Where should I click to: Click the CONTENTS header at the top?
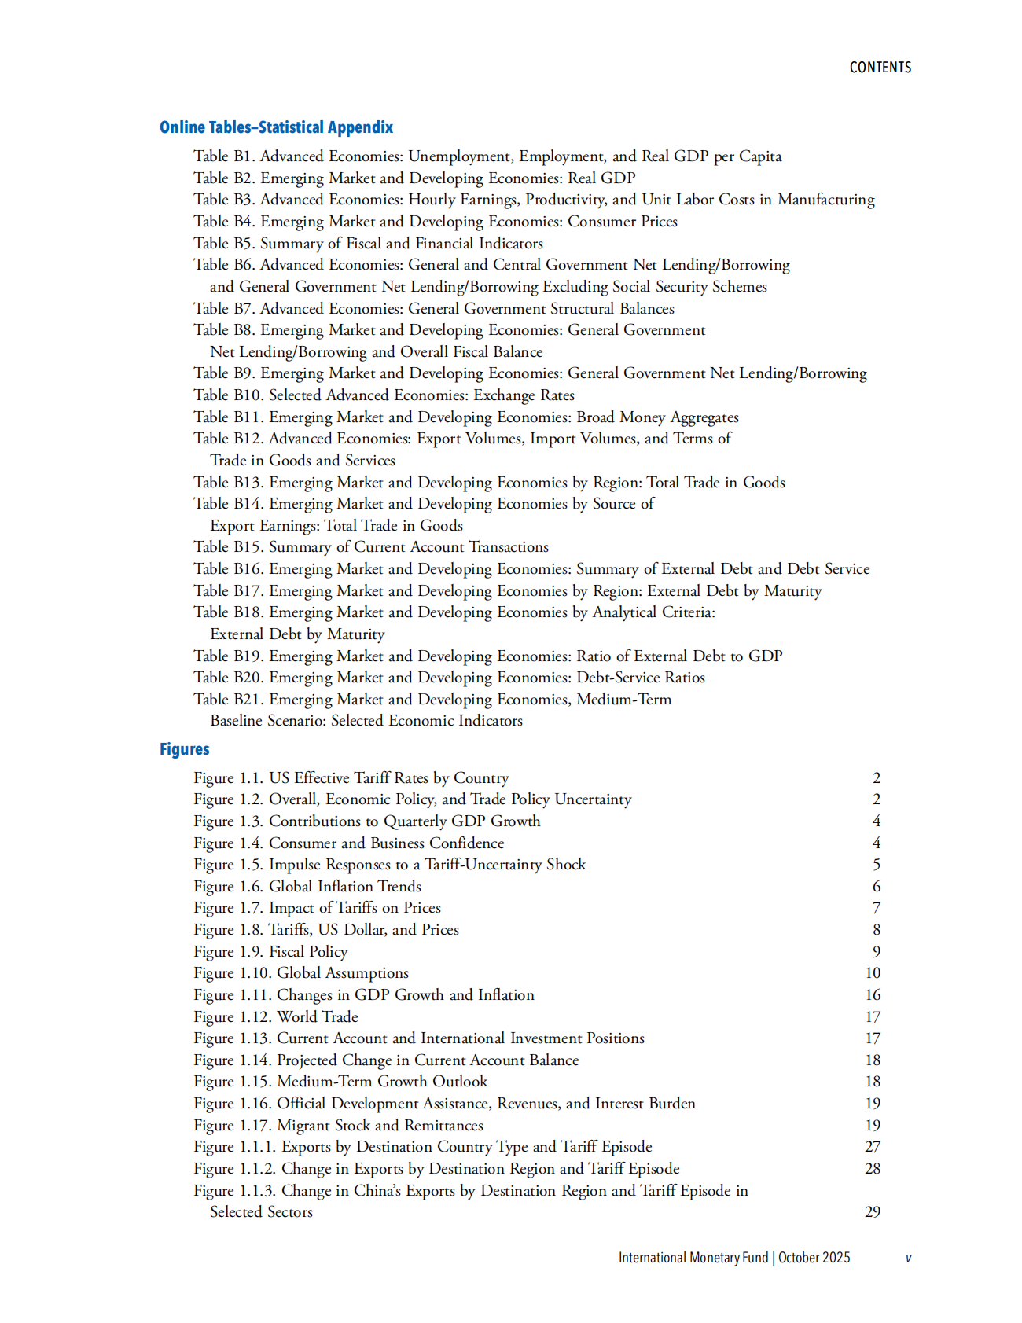880,68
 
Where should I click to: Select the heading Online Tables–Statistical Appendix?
276,127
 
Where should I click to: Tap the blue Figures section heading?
184,749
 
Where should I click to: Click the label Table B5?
223,244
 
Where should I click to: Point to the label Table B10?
228,395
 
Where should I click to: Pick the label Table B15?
228,547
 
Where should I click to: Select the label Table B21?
228,700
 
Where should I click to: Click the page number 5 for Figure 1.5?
876,865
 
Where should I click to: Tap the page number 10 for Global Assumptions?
873,973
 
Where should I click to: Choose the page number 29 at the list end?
873,1212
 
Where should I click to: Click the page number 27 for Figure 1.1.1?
873,1147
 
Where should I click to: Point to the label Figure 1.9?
228,952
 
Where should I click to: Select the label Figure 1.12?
232,1017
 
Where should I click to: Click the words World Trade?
318,1017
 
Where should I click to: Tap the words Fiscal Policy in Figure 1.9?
308,952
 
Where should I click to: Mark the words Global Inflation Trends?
345,887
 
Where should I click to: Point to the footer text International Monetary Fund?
693,1258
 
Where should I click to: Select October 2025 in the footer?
814,1258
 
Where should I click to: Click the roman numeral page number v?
908,1259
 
